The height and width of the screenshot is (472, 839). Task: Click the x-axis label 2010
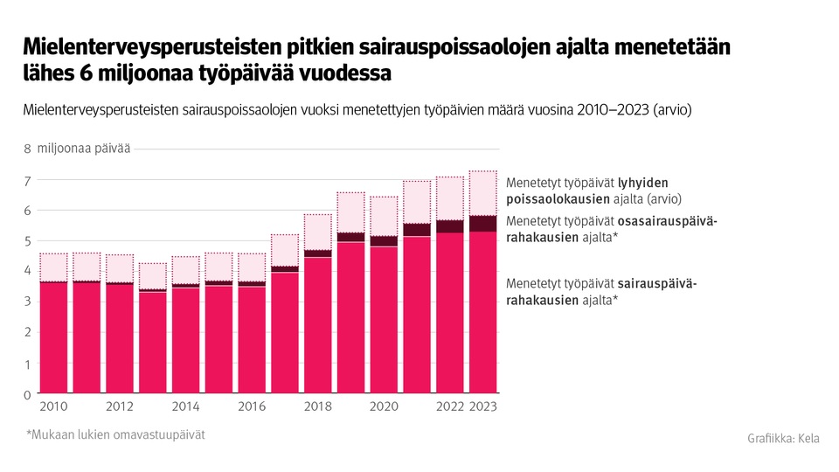(x=53, y=406)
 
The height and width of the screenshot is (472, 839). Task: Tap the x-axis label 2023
(x=482, y=406)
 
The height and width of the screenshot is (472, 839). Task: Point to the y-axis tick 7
(x=27, y=181)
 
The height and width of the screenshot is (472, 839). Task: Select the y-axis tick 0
(x=27, y=395)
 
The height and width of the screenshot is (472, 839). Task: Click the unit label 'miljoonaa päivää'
(x=84, y=149)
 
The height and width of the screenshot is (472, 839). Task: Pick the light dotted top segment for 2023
(x=482, y=193)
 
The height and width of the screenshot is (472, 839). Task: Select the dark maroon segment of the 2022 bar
(x=449, y=226)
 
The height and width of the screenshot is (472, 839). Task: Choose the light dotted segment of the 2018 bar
(x=317, y=232)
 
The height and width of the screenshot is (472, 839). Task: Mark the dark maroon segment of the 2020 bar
(x=384, y=241)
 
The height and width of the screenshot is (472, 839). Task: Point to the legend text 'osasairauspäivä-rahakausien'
(x=612, y=228)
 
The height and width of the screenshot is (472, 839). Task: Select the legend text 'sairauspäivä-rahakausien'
(x=612, y=292)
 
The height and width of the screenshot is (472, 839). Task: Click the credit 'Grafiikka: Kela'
(x=783, y=438)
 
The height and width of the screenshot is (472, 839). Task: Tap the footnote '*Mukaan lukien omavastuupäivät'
(x=115, y=434)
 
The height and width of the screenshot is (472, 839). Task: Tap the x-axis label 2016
(x=252, y=406)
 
